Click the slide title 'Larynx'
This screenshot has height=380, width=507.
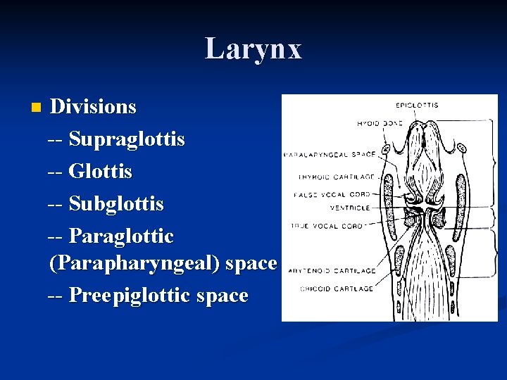[254, 49]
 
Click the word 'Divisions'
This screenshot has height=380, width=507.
[94, 107]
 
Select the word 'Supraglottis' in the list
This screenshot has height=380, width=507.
[127, 139]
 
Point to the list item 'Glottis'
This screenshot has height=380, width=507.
[100, 171]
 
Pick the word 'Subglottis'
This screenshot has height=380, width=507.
[116, 204]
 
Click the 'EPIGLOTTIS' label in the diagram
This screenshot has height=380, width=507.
[417, 106]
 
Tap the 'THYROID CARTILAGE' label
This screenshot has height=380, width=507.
[336, 177]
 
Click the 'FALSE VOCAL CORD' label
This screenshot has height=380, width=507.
[335, 193]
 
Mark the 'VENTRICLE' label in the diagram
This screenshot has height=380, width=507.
[350, 208]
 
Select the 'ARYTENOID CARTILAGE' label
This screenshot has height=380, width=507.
[332, 270]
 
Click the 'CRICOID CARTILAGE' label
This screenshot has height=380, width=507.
[336, 287]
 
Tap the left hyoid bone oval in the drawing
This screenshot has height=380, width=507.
[387, 150]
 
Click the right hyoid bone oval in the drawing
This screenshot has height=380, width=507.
[462, 148]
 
